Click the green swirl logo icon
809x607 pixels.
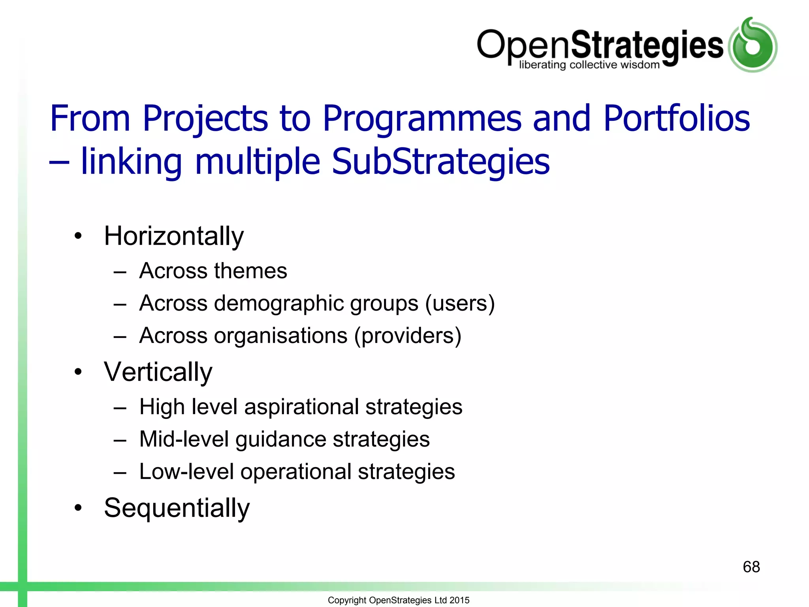point(753,45)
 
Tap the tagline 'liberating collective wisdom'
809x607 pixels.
point(589,65)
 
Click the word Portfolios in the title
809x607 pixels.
point(676,118)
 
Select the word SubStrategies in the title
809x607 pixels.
point(440,162)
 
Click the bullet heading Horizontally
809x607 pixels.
point(174,236)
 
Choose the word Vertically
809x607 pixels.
point(158,372)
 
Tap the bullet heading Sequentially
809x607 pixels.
point(177,508)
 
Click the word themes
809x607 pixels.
point(250,271)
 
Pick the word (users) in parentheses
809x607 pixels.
point(460,303)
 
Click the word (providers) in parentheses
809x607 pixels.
point(408,336)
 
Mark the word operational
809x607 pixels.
point(295,472)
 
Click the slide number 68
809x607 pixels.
point(751,567)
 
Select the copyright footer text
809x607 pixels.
point(398,600)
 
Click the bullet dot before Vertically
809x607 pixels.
point(78,372)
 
